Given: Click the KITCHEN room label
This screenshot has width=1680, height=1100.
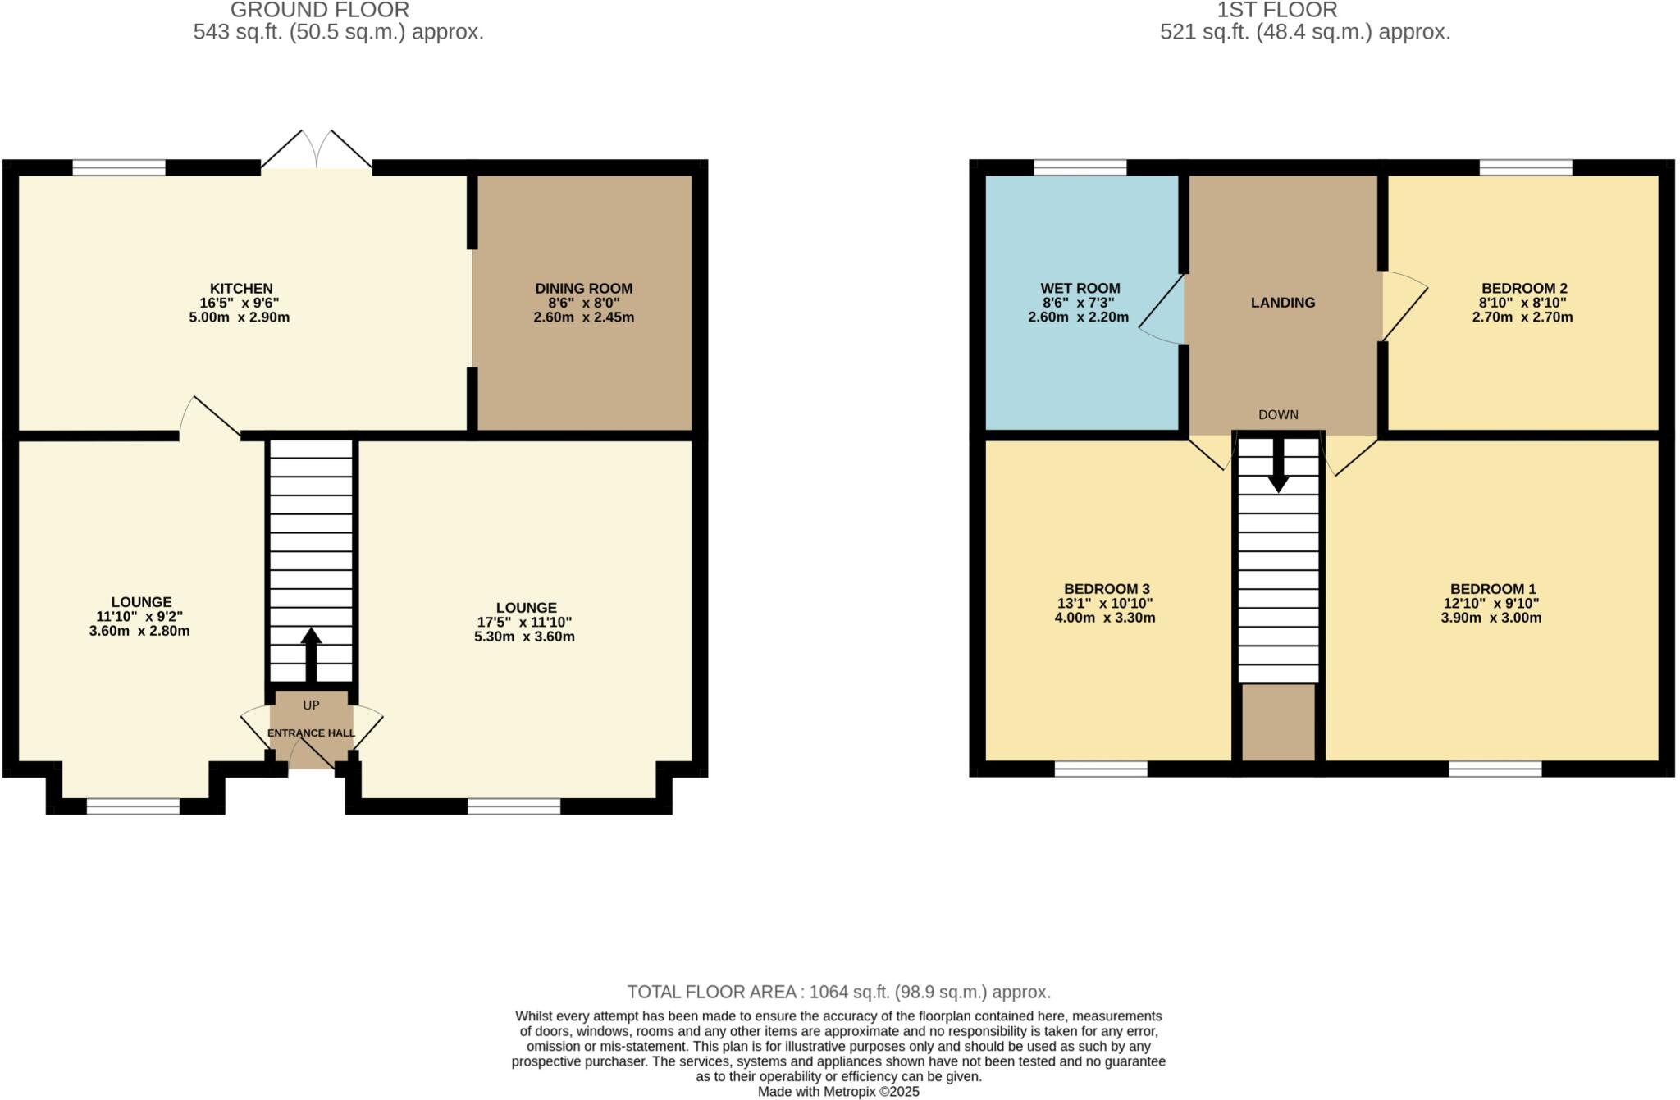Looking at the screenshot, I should (x=240, y=289).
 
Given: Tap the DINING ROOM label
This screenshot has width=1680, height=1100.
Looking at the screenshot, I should (x=583, y=289).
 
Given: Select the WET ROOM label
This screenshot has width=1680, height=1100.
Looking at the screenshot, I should (x=1080, y=289).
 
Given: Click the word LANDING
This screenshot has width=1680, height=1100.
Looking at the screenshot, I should (x=1282, y=303).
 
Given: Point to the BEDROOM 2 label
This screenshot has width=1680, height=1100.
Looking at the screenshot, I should (x=1523, y=289).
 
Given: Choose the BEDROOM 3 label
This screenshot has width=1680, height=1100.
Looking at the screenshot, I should (x=1106, y=589).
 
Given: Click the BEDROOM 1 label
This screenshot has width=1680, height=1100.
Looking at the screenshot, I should (x=1492, y=589).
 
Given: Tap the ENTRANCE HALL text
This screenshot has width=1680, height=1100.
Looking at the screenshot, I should (x=311, y=733).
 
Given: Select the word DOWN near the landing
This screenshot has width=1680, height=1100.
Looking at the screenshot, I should (x=1278, y=415).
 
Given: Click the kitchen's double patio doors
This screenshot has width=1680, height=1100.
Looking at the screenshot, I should (x=317, y=152).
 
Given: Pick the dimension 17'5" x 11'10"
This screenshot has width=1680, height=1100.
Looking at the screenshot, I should (x=524, y=623).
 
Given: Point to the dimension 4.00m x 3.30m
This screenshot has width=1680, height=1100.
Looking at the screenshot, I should (x=1104, y=618).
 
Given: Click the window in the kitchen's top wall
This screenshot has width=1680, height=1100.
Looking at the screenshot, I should (x=119, y=168).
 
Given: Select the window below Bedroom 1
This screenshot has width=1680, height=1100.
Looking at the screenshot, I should (x=1495, y=769).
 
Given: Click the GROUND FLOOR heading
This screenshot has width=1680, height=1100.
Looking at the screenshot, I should (x=319, y=11).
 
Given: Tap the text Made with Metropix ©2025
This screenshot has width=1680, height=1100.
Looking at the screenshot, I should (x=838, y=1092).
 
